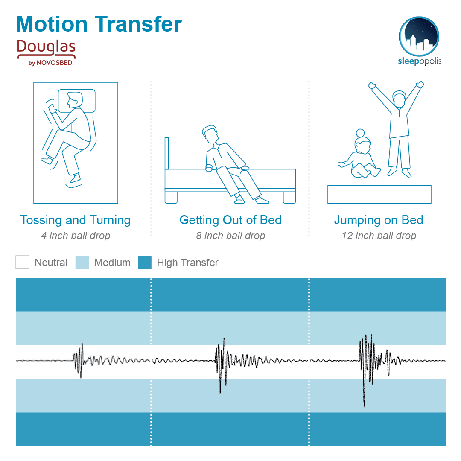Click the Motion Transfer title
pyautogui.click(x=99, y=24)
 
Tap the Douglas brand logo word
pyautogui.click(x=46, y=47)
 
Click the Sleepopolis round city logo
pyautogui.click(x=419, y=36)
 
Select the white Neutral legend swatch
pyautogui.click(x=22, y=262)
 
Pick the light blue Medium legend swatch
pyautogui.click(x=82, y=262)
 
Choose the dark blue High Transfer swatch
pyautogui.click(x=145, y=262)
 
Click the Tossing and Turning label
pyautogui.click(x=76, y=220)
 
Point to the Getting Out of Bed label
pyautogui.click(x=230, y=220)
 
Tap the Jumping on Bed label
pyautogui.click(x=378, y=220)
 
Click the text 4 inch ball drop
pyautogui.click(x=76, y=236)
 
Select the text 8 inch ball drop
pyautogui.click(x=230, y=236)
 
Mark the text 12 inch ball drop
pyautogui.click(x=379, y=236)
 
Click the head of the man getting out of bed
pyautogui.click(x=210, y=134)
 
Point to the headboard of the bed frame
pyautogui.click(x=167, y=154)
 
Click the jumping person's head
pyautogui.click(x=399, y=99)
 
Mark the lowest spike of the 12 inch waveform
pyautogui.click(x=364, y=406)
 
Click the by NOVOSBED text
pyautogui.click(x=50, y=63)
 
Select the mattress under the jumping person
pyautogui.click(x=379, y=194)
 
